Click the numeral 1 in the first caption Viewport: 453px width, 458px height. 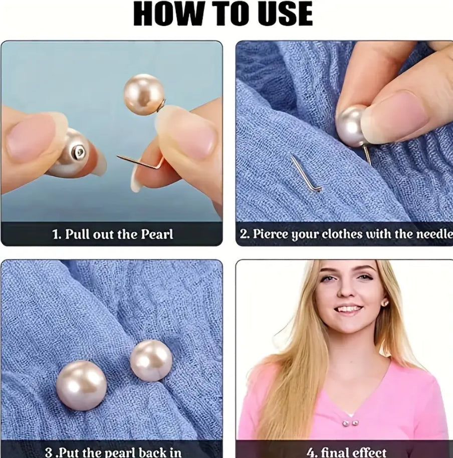pyautogui.click(x=56, y=234)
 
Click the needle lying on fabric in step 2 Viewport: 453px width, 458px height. pyautogui.click(x=305, y=173)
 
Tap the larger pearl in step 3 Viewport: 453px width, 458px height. pyautogui.click(x=82, y=385)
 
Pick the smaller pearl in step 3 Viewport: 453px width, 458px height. pyautogui.click(x=151, y=361)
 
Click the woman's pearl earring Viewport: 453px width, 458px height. pyautogui.click(x=385, y=303)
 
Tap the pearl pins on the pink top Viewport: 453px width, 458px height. pyautogui.click(x=350, y=423)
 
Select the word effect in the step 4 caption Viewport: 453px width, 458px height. pyautogui.click(x=369, y=452)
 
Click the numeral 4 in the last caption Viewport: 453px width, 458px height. pyautogui.click(x=310, y=452)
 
